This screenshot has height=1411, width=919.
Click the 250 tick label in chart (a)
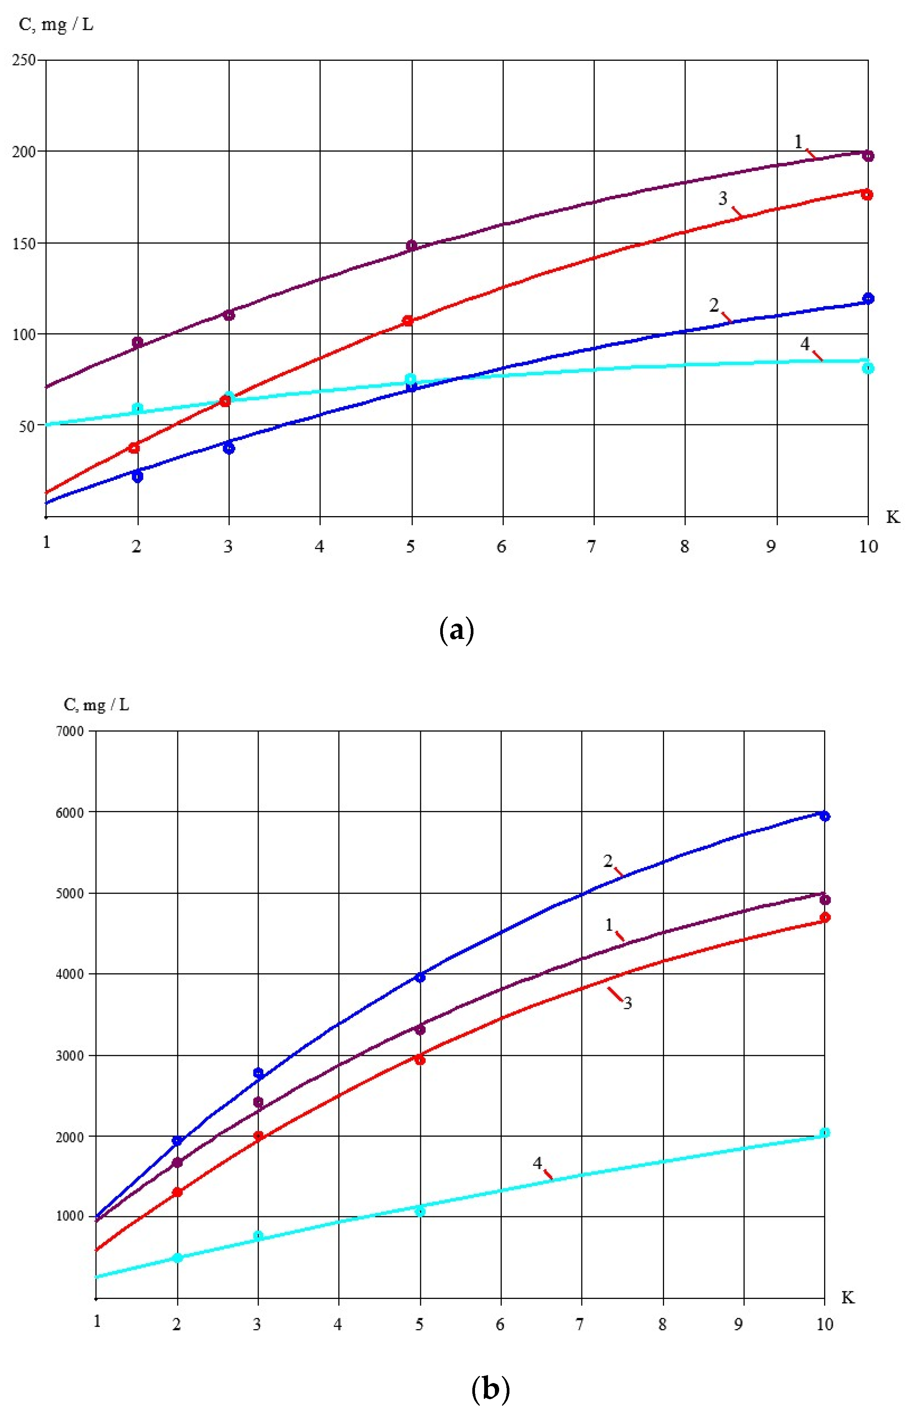tap(24, 60)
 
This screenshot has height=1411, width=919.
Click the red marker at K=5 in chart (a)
tap(408, 321)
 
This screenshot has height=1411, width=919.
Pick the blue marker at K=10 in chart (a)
tap(868, 298)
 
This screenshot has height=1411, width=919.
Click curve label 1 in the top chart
tap(798, 142)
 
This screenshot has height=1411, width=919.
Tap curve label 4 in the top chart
tap(805, 344)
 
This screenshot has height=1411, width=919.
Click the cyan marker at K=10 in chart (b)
tap(824, 1132)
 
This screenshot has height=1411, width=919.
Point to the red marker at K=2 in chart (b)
tap(177, 1192)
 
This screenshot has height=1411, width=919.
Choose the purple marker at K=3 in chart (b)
tap(258, 1101)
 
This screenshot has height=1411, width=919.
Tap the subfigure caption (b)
tap(490, 1387)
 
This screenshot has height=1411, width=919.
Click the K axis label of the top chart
tap(893, 517)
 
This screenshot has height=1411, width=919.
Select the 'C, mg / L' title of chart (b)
tap(96, 705)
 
